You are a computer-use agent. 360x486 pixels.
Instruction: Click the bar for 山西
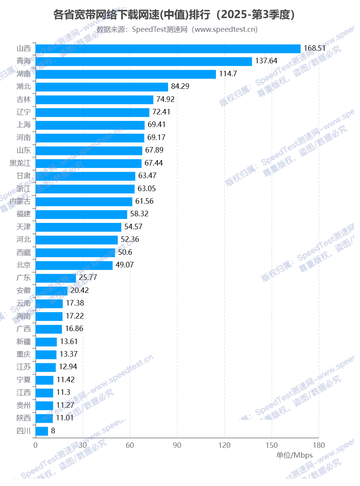pyautogui.click(x=168, y=48)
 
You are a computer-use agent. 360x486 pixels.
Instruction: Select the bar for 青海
pyautogui.click(x=144, y=61)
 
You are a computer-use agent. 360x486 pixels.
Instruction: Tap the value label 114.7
pyautogui.click(x=228, y=74)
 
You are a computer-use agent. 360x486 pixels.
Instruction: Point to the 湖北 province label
pyautogui.click(x=24, y=87)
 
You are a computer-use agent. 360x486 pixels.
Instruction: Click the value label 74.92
pyautogui.click(x=165, y=99)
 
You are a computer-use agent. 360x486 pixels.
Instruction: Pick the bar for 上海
pyautogui.click(x=90, y=125)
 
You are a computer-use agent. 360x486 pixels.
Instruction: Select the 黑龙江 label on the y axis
pyautogui.click(x=20, y=163)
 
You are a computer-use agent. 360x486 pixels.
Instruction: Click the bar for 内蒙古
pyautogui.click(x=84, y=201)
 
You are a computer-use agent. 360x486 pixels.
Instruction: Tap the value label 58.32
pyautogui.click(x=139, y=214)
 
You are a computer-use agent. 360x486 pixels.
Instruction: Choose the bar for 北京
pyautogui.click(x=74, y=265)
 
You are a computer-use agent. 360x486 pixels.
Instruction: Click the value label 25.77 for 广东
pyautogui.click(x=88, y=278)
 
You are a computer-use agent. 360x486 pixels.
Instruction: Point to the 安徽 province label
pyautogui.click(x=24, y=291)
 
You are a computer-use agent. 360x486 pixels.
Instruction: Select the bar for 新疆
pyautogui.click(x=46, y=342)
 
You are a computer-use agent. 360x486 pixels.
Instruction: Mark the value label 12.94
pyautogui.click(x=68, y=367)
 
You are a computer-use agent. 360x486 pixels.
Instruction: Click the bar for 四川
pyautogui.click(x=42, y=431)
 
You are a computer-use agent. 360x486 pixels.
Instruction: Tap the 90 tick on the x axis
pyautogui.click(x=177, y=445)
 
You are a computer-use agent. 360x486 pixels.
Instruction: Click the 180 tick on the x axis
pyautogui.click(x=319, y=445)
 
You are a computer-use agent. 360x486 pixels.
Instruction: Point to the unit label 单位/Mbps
pyautogui.click(x=294, y=455)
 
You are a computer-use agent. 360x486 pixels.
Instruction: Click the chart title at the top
pyautogui.click(x=174, y=15)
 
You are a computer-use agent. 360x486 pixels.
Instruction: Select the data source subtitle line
pyautogui.click(x=177, y=29)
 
